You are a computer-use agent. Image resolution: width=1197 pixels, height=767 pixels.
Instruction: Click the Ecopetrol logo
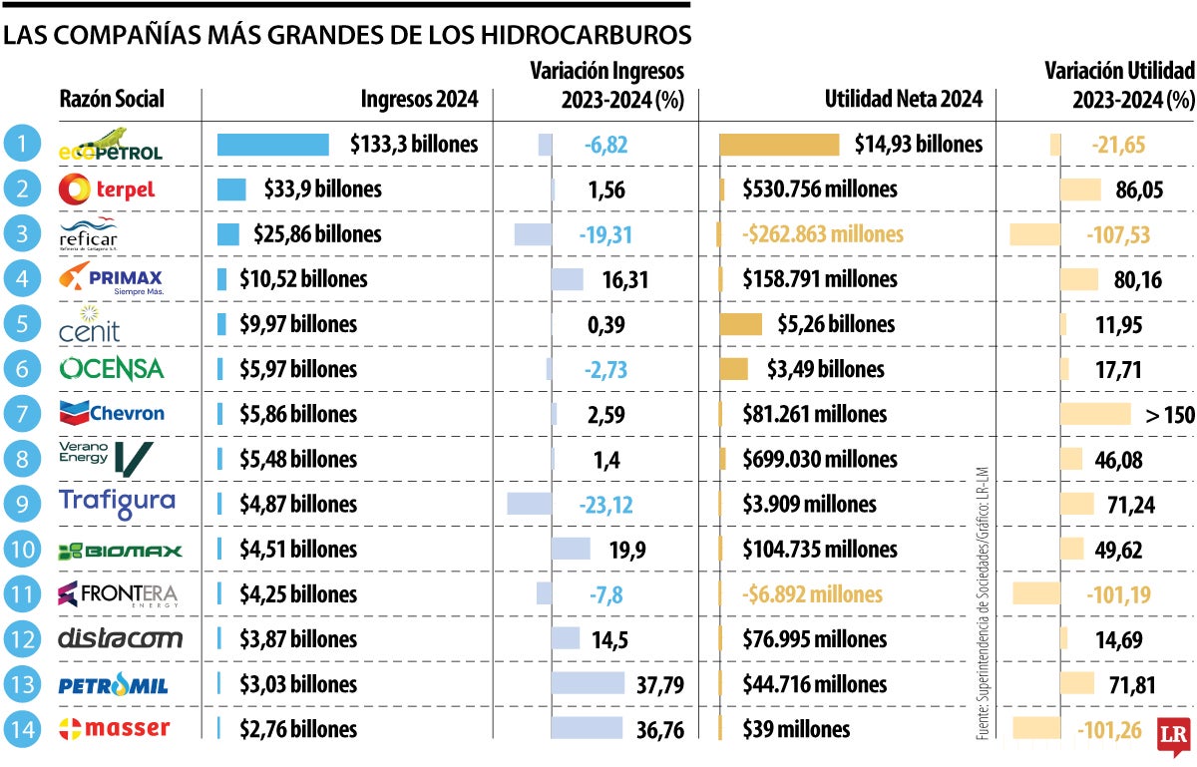tap(110, 145)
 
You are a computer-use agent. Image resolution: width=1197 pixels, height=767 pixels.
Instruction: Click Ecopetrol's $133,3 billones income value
tap(414, 145)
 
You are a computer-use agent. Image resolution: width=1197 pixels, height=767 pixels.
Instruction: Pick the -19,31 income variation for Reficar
tap(605, 234)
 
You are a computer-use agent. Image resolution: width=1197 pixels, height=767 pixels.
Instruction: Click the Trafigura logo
tap(117, 504)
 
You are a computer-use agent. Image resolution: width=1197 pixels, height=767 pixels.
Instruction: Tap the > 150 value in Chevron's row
tap(1169, 415)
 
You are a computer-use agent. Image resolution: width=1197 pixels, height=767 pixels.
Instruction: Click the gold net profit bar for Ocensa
tap(733, 369)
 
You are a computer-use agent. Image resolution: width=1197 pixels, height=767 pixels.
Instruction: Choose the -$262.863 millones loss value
tap(823, 234)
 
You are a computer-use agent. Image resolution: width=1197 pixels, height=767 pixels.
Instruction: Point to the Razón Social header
tap(112, 100)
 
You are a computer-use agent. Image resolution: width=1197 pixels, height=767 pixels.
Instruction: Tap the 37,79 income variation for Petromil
tap(658, 684)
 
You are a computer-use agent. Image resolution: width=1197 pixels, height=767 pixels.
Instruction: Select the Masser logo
tap(115, 728)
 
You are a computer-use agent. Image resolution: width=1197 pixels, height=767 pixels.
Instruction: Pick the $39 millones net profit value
tap(796, 729)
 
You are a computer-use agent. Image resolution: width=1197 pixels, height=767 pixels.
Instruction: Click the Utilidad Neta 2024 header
tap(903, 100)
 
